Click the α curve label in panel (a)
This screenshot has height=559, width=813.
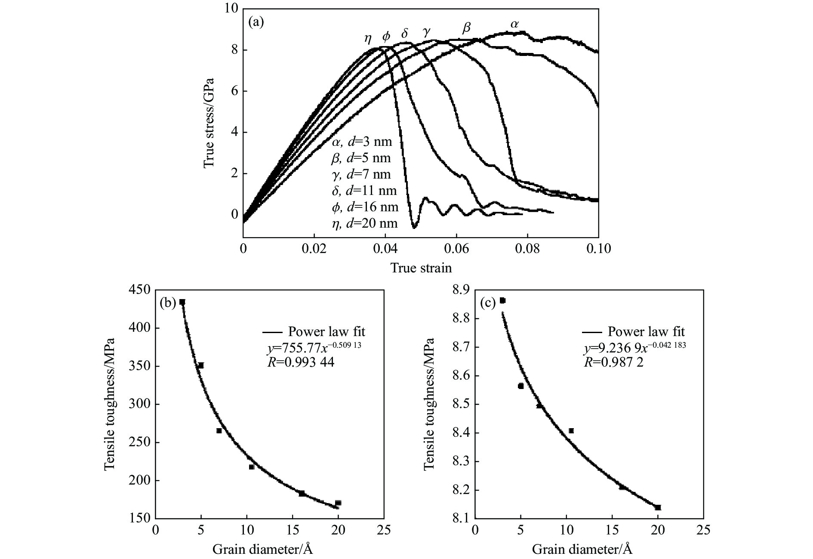(x=514, y=24)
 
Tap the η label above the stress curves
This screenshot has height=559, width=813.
(x=368, y=38)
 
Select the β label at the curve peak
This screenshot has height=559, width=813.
(x=466, y=28)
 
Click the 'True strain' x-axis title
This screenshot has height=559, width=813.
(x=421, y=268)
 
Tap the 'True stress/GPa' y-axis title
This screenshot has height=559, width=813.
(x=209, y=123)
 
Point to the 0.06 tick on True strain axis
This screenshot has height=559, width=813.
(x=456, y=249)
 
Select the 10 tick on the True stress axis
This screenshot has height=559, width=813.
(x=231, y=9)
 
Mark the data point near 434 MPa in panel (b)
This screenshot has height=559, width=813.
(x=182, y=302)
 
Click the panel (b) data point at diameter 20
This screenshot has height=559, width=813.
(x=338, y=503)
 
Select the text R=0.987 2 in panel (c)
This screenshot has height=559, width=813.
(x=613, y=362)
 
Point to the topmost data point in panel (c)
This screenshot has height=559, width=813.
(x=502, y=300)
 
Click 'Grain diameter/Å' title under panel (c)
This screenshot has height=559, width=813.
(x=582, y=550)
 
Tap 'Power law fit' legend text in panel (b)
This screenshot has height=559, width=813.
(x=326, y=332)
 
